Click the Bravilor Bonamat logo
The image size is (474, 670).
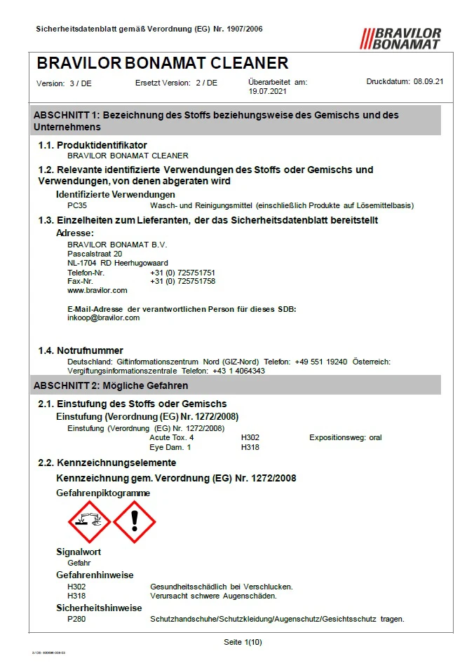click(400, 39)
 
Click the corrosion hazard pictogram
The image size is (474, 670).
click(89, 522)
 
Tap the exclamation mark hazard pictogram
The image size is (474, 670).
click(134, 522)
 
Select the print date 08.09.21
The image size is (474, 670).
click(428, 82)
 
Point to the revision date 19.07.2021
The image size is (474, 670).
click(267, 91)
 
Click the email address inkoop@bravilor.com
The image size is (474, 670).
click(103, 317)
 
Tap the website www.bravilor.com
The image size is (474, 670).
click(97, 289)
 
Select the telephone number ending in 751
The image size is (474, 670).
click(182, 272)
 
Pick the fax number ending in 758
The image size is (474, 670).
click(182, 280)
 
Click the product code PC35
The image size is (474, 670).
click(77, 205)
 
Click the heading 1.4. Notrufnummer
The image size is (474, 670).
click(81, 350)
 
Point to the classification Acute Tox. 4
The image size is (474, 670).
click(172, 437)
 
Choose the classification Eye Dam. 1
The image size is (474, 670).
click(170, 446)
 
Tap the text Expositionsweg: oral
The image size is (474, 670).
click(345, 437)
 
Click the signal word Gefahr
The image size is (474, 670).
click(79, 562)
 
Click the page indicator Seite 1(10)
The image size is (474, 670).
click(243, 641)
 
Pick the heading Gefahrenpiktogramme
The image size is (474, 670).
click(103, 493)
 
